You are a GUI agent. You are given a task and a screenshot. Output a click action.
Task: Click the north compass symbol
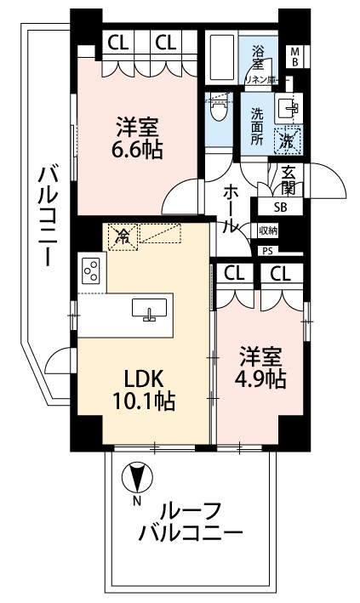click(134, 479)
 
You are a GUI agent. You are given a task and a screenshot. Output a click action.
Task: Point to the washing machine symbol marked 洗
click(288, 137)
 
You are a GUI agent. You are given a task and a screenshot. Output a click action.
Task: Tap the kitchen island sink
click(150, 310)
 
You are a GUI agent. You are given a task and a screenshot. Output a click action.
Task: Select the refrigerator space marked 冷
click(123, 236)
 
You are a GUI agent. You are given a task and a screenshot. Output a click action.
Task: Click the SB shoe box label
click(281, 206)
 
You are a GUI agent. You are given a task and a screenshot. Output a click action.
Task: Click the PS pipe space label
click(269, 251)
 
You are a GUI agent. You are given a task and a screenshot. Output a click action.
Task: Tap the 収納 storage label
click(268, 230)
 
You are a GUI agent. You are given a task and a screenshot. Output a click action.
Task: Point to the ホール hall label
click(229, 209)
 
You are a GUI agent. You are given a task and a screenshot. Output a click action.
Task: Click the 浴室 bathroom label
click(257, 57)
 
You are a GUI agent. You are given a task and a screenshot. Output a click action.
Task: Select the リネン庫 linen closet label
click(257, 78)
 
